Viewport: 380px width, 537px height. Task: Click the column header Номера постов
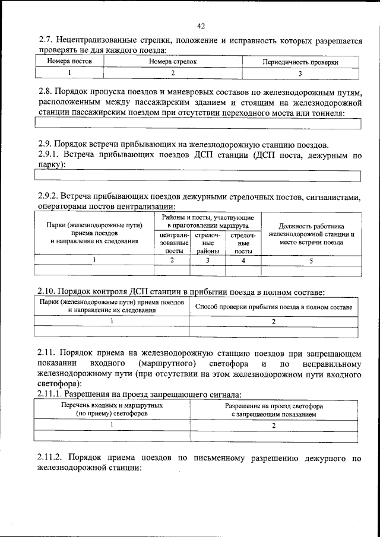click(69, 61)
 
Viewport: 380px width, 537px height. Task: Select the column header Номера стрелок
click(173, 61)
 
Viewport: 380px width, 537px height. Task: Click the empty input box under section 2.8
click(198, 123)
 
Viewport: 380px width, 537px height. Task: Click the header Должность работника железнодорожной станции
click(311, 234)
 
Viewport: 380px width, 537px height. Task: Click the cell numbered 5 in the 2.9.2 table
click(311, 260)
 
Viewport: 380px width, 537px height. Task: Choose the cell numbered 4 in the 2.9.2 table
click(243, 260)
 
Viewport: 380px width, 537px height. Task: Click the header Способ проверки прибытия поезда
click(274, 307)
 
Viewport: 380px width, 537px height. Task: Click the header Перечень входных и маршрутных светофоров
click(112, 409)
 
